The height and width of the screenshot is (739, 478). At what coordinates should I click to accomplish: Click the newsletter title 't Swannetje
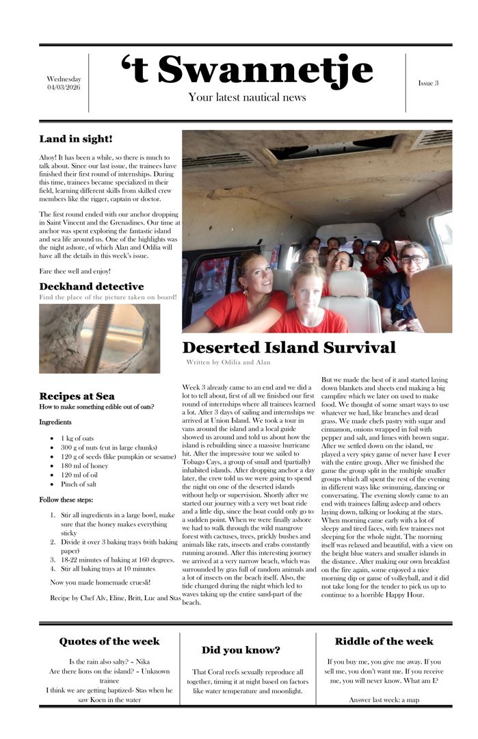(247, 70)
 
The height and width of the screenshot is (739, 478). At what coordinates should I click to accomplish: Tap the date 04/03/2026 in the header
(64, 88)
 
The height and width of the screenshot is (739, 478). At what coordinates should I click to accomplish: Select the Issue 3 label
(428, 83)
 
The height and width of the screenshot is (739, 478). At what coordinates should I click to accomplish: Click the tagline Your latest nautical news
(247, 98)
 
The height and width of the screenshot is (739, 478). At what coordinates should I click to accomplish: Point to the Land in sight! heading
(76, 140)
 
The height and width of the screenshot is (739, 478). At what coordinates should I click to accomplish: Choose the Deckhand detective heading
(91, 287)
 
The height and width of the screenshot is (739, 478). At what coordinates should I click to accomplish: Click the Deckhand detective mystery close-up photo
(99, 338)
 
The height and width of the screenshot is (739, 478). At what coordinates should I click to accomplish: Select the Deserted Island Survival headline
(289, 348)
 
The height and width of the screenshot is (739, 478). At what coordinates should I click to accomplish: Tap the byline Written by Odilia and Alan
(228, 362)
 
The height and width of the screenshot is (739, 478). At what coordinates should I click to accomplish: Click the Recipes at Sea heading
(77, 396)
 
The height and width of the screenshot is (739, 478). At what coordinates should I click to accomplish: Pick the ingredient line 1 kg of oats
(77, 438)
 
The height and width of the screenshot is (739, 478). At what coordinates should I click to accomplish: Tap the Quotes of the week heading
(109, 642)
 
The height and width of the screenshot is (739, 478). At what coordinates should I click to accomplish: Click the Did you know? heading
(241, 650)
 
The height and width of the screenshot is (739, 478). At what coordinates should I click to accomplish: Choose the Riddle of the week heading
(384, 642)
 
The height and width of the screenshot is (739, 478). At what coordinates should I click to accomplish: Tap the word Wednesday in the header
(64, 79)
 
